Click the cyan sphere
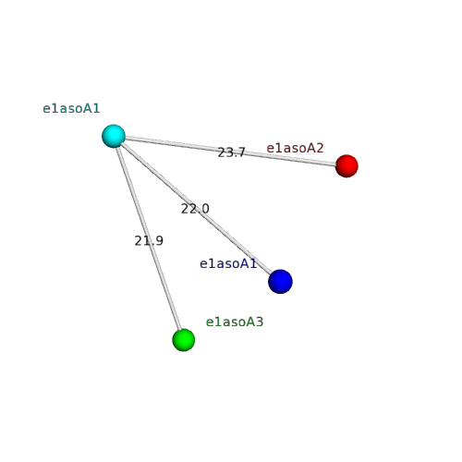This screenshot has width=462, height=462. (114, 136)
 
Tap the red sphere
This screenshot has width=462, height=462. (346, 166)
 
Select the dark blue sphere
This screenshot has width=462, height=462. (280, 282)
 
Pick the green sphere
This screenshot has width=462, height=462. (184, 340)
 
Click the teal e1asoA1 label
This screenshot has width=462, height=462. (71, 108)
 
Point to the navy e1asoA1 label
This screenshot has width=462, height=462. (228, 263)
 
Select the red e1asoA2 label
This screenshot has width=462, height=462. (295, 148)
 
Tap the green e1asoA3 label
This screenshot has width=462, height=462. (235, 322)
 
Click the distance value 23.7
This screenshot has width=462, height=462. (231, 152)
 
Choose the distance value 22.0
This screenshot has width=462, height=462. (195, 209)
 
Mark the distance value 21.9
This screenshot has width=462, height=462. (149, 241)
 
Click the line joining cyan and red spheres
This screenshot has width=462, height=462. (230, 152)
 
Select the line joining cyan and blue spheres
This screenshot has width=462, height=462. (197, 209)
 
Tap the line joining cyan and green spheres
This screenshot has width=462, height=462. (149, 238)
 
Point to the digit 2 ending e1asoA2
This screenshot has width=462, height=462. (320, 148)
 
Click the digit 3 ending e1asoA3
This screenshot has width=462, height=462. (260, 322)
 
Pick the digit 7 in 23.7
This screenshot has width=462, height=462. (241, 152)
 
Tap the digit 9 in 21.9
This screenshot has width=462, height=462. (159, 241)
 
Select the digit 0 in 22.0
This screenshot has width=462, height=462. (205, 209)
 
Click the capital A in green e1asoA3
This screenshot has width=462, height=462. (251, 322)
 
